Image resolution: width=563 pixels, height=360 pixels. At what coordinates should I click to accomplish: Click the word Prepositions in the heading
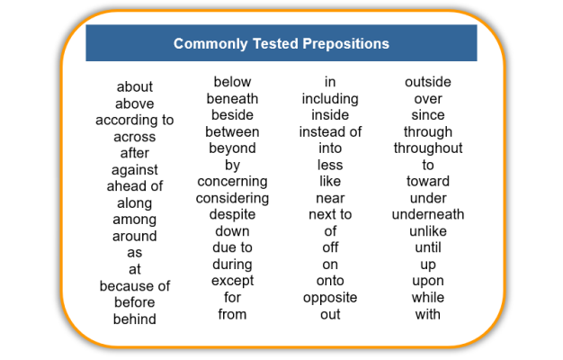345,44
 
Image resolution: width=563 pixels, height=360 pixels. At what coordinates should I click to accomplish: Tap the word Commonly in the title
210,44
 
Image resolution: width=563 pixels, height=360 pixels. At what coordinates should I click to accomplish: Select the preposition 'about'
135,86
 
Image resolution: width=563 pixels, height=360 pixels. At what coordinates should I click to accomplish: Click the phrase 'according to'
135,121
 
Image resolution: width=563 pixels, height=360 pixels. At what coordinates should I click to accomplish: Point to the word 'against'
135,170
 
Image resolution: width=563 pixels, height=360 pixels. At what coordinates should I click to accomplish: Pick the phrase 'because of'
135,286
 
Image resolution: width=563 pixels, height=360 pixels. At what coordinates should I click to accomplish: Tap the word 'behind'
135,319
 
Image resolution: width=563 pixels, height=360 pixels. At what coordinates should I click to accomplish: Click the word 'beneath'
232,98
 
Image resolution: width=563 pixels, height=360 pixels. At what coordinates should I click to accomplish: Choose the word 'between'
232,132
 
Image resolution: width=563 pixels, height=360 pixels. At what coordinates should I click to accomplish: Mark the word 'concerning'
232,182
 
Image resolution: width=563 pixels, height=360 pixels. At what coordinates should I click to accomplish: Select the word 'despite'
232,215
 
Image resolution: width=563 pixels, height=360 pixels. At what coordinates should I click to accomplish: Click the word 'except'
232,282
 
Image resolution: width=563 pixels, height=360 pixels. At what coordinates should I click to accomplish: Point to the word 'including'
330,99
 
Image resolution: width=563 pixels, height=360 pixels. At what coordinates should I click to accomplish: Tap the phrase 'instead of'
330,132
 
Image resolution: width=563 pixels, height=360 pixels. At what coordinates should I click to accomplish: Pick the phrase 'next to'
330,214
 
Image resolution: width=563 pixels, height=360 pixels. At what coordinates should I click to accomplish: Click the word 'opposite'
330,298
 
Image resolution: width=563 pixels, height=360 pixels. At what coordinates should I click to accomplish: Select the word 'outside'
428,82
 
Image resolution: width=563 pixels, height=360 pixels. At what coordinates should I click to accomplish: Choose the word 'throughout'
428,148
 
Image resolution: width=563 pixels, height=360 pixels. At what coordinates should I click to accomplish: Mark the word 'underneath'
428,214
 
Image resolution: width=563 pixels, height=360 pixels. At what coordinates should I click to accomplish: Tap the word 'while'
428,298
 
